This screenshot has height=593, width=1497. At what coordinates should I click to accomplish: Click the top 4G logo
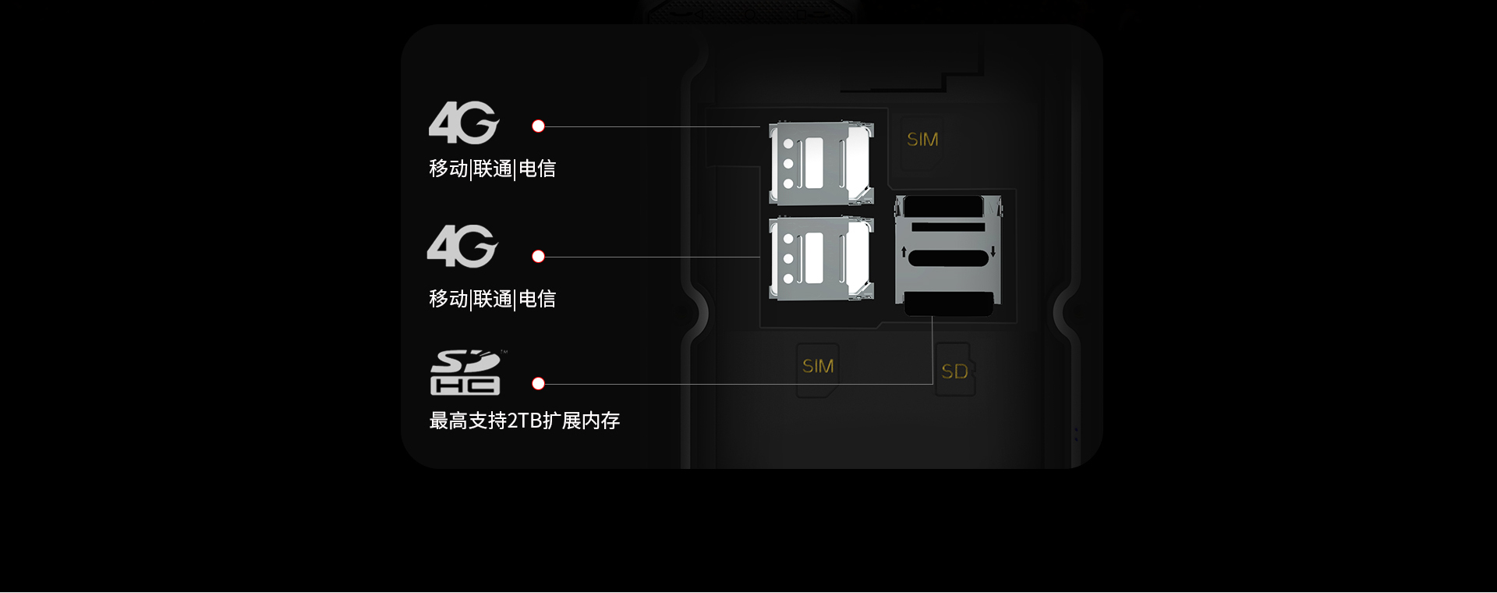pyautogui.click(x=463, y=123)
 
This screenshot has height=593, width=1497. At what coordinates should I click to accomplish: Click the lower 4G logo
pyautogui.click(x=462, y=247)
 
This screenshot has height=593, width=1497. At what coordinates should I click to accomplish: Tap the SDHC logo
pyautogui.click(x=465, y=372)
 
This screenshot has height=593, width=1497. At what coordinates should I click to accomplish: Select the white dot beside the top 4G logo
pyautogui.click(x=538, y=126)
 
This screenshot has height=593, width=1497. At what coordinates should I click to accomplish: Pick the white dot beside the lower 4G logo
pyautogui.click(x=538, y=257)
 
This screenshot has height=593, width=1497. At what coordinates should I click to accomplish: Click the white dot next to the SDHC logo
pyautogui.click(x=538, y=384)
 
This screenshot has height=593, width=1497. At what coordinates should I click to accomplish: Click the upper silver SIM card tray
pyautogui.click(x=821, y=163)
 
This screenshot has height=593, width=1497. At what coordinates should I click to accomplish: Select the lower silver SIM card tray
pyautogui.click(x=821, y=258)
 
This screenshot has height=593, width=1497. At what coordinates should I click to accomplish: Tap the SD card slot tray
pyautogui.click(x=949, y=255)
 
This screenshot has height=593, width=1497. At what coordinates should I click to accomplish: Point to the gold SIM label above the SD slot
pyautogui.click(x=922, y=140)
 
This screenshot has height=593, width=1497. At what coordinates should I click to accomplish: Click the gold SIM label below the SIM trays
pyautogui.click(x=818, y=366)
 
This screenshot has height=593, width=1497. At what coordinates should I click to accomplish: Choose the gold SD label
pyautogui.click(x=954, y=371)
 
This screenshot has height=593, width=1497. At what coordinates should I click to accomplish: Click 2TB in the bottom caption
pyautogui.click(x=525, y=421)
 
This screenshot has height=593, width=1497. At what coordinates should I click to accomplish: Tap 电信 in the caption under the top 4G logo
pyautogui.click(x=537, y=169)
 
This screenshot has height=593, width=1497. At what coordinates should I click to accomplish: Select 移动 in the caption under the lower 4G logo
pyautogui.click(x=448, y=299)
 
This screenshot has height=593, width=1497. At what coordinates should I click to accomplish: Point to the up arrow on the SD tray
pyautogui.click(x=904, y=251)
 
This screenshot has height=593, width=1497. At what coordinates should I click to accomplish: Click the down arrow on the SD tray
pyautogui.click(x=993, y=251)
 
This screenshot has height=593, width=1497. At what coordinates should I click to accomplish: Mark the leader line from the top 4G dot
pyautogui.click(x=653, y=126)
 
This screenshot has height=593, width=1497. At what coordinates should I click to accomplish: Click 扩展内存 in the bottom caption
pyautogui.click(x=582, y=421)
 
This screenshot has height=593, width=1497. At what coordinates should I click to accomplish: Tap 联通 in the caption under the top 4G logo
pyautogui.click(x=493, y=169)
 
